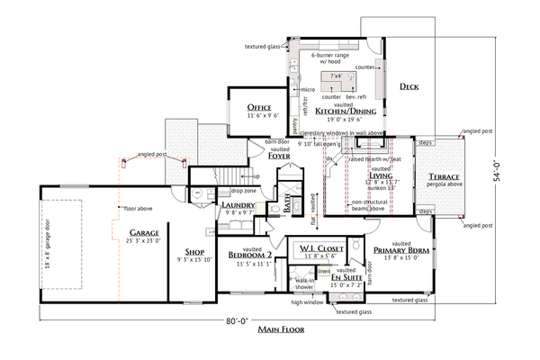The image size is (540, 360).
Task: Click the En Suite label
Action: pyautogui.click(x=346, y=280)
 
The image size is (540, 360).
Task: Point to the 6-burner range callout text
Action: pyautogui.click(x=333, y=55)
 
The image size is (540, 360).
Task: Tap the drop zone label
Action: pyautogui.click(x=244, y=191)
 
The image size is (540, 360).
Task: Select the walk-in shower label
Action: pyautogui.click(x=303, y=284)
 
